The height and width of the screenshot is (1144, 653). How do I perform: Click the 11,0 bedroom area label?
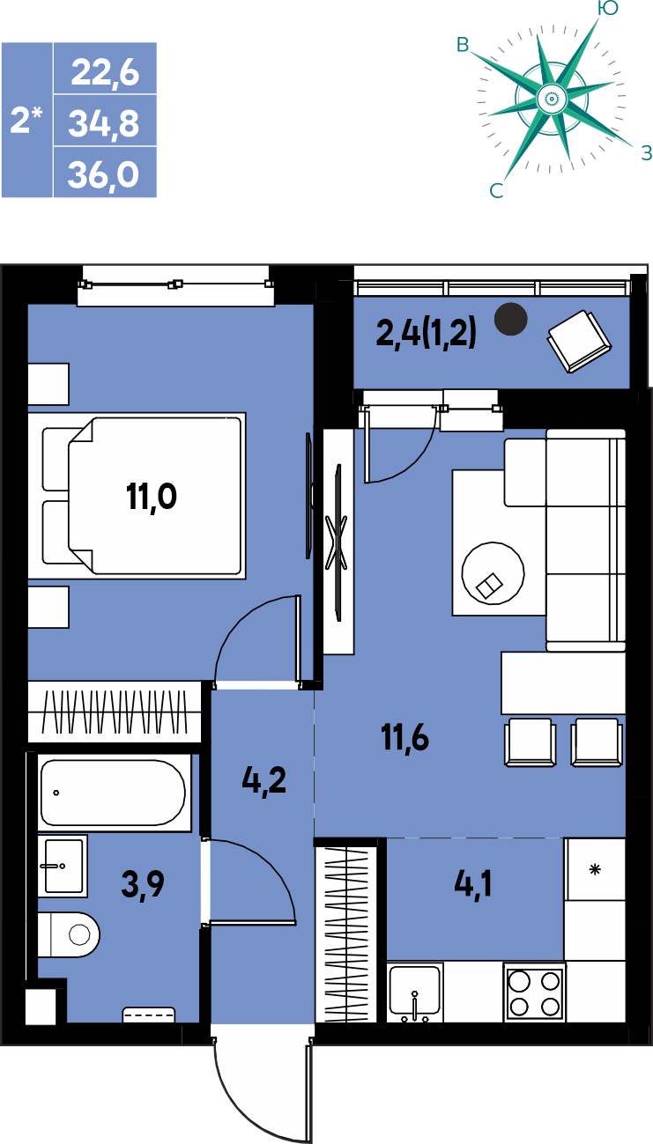tap(152, 497)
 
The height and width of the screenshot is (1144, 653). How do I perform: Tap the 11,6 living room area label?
tap(404, 737)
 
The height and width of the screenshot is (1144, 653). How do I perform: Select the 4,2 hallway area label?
tap(263, 781)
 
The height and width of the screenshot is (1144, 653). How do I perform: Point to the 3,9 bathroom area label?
tap(143, 884)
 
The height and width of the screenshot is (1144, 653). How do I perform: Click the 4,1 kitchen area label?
tap(472, 884)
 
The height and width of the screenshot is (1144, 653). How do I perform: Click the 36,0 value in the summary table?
tap(103, 174)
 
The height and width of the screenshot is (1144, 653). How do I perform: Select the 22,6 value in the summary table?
tap(105, 72)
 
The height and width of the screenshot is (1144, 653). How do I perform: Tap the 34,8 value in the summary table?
tap(104, 123)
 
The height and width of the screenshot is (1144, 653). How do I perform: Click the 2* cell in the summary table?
tap(26, 120)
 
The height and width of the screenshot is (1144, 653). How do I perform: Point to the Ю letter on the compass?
tap(607, 8)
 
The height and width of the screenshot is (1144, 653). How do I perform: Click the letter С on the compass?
tap(496, 191)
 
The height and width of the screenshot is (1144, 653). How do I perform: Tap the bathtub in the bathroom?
tap(114, 792)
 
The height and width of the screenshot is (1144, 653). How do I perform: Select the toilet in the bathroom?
tap(69, 934)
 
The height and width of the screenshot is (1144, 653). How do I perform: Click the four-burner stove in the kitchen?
tap(534, 993)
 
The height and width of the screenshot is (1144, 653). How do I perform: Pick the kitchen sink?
tap(414, 993)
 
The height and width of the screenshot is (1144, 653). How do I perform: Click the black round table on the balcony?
tap(510, 319)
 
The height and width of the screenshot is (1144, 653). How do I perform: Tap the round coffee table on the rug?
tap(493, 573)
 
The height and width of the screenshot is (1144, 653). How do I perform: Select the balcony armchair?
tap(580, 341)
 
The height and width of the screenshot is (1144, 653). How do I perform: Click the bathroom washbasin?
tap(63, 866)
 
